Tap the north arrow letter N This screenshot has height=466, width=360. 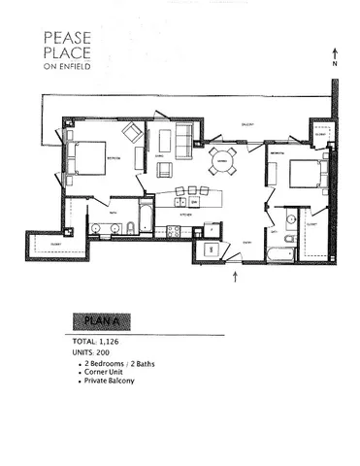click(x=337, y=64)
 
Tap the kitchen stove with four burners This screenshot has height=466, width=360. click(x=174, y=231)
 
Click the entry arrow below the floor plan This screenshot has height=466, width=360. click(x=236, y=279)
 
